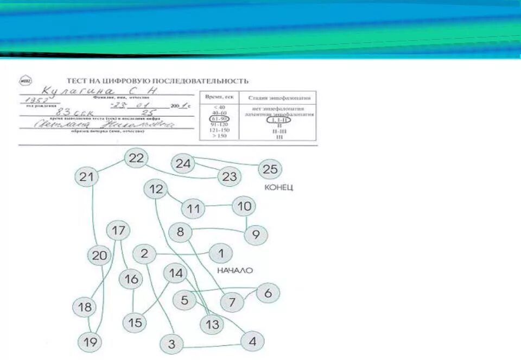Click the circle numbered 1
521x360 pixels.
point(220,253)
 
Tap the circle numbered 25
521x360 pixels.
point(270,169)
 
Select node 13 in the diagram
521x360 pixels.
point(212,325)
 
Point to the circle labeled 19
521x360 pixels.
point(89,342)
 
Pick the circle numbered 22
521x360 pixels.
point(136,158)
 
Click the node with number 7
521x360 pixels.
point(232,301)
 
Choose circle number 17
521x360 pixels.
point(118,230)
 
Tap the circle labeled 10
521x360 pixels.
point(245,206)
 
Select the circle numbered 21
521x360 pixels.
point(86,176)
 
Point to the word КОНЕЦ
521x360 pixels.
point(278,187)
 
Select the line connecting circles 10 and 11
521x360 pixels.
point(219,206)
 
